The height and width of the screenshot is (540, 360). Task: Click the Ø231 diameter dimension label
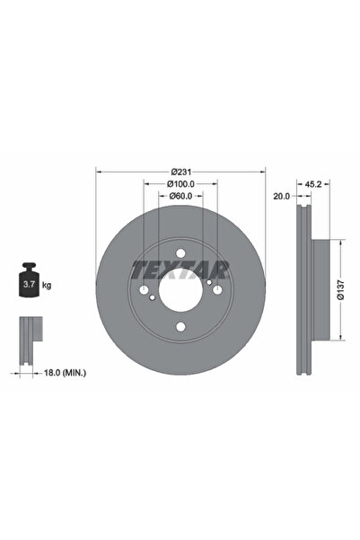point(181,172)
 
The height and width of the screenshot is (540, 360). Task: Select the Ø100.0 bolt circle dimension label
point(180,184)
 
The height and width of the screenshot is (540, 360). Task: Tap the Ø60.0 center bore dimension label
point(180,196)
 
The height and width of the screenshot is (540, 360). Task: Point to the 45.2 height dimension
point(313,184)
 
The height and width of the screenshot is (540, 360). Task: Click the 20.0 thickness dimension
point(282,196)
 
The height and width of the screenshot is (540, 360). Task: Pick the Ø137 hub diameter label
point(340,289)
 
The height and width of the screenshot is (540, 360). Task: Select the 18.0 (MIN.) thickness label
point(65,372)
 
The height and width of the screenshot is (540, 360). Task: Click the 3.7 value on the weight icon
point(29,285)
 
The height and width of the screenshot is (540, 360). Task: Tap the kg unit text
point(47,285)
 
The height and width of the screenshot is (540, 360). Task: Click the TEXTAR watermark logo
point(180,270)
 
